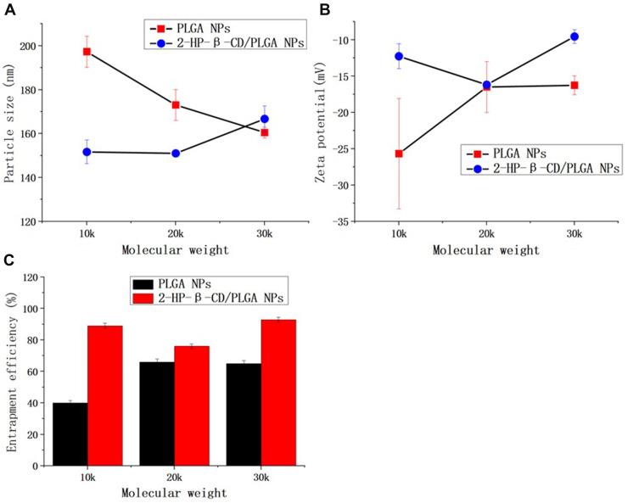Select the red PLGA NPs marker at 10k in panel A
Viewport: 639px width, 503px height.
click(x=87, y=52)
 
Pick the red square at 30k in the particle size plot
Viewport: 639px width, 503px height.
click(x=264, y=132)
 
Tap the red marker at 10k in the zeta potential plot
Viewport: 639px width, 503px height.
click(x=398, y=154)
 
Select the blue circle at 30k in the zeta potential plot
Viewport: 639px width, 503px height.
click(x=575, y=36)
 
